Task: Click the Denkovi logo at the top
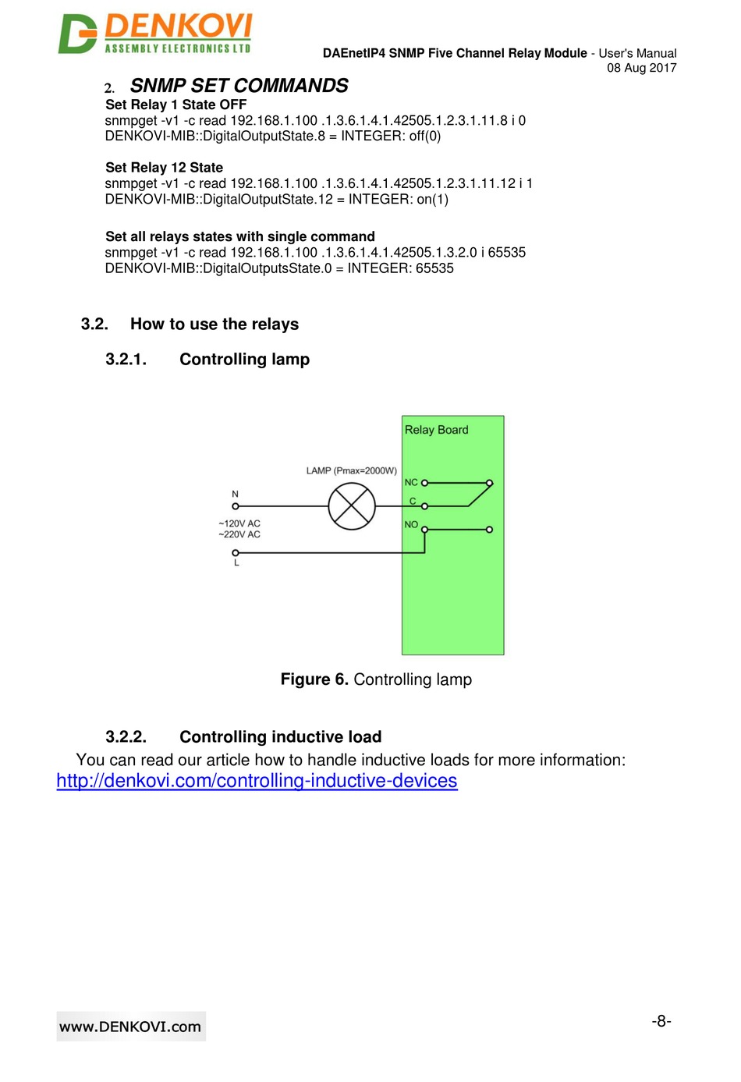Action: [155, 34]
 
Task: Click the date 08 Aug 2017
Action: [641, 68]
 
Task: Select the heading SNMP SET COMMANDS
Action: [239, 86]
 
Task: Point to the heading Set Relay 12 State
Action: [164, 168]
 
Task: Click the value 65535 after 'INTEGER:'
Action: [434, 268]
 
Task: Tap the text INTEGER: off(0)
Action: [391, 137]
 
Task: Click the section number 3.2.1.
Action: [126, 360]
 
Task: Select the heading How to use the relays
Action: [214, 325]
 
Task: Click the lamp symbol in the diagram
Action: [352, 506]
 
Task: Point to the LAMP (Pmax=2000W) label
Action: [351, 471]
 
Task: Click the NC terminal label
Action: [411, 483]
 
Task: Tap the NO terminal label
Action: [411, 525]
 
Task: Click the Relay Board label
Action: [436, 430]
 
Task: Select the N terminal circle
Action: [236, 506]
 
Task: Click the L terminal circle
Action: [236, 553]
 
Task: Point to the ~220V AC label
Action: [239, 535]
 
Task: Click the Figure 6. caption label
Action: [314, 679]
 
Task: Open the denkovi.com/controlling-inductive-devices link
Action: [257, 781]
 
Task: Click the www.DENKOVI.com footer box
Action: [130, 1027]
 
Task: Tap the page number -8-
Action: [661, 1021]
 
